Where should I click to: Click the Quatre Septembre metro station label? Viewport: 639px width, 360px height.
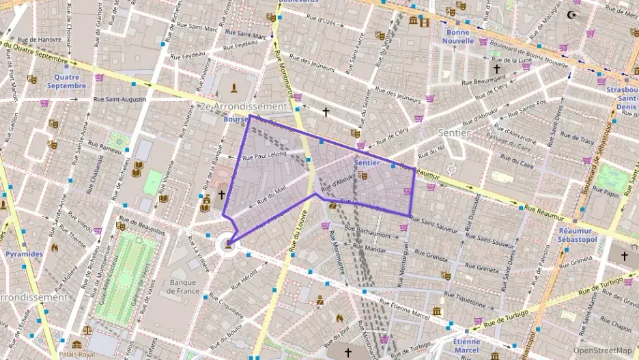point(66,81)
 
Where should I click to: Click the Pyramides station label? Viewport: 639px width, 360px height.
point(25,253)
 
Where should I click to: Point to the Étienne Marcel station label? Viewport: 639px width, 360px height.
point(466,346)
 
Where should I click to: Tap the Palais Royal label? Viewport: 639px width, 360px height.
point(76,355)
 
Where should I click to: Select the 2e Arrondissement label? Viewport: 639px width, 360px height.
point(244,107)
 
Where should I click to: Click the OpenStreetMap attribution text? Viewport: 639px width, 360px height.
point(603,350)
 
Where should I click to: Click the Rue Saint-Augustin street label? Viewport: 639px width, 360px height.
point(120,100)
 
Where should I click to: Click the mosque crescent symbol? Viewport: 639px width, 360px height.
point(571,14)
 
